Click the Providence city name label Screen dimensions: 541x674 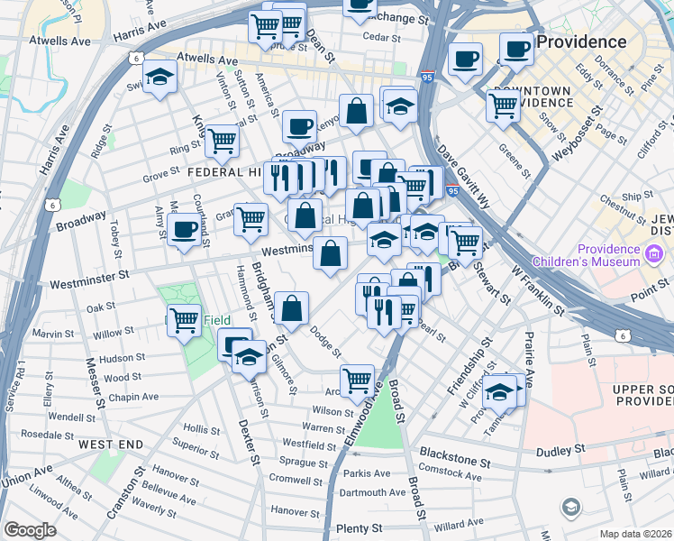(x=581, y=41)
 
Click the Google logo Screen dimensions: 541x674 (x=30, y=530)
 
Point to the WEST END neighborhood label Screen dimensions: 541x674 (x=110, y=445)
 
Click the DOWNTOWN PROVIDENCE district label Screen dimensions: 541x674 (x=533, y=96)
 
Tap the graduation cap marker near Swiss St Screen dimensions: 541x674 (x=159, y=78)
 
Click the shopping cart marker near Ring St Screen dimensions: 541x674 (x=222, y=140)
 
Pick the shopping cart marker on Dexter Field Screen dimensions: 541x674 (x=185, y=318)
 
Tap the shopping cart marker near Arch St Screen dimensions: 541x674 (x=357, y=380)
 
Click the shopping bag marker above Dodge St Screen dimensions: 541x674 (x=292, y=308)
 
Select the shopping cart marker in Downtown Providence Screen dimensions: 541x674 (x=503, y=105)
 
